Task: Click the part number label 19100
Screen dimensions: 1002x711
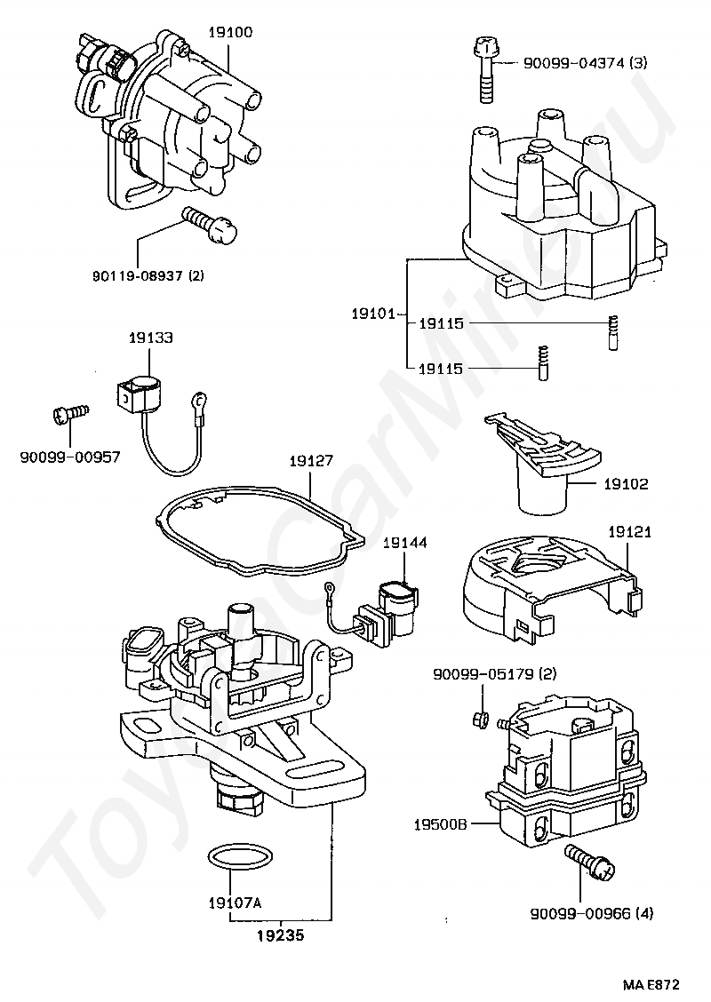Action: pos(230,32)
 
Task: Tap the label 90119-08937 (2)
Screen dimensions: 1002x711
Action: pos(148,275)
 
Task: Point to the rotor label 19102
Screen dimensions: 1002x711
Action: pos(626,485)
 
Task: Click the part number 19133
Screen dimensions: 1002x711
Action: pos(150,338)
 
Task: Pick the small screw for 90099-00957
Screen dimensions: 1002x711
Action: pos(69,412)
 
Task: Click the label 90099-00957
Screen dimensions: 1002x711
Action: pos(69,457)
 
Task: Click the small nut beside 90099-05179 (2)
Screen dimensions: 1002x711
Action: pos(480,716)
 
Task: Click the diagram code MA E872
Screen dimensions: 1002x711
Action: pos(651,984)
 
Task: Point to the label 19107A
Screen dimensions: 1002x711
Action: pos(235,903)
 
